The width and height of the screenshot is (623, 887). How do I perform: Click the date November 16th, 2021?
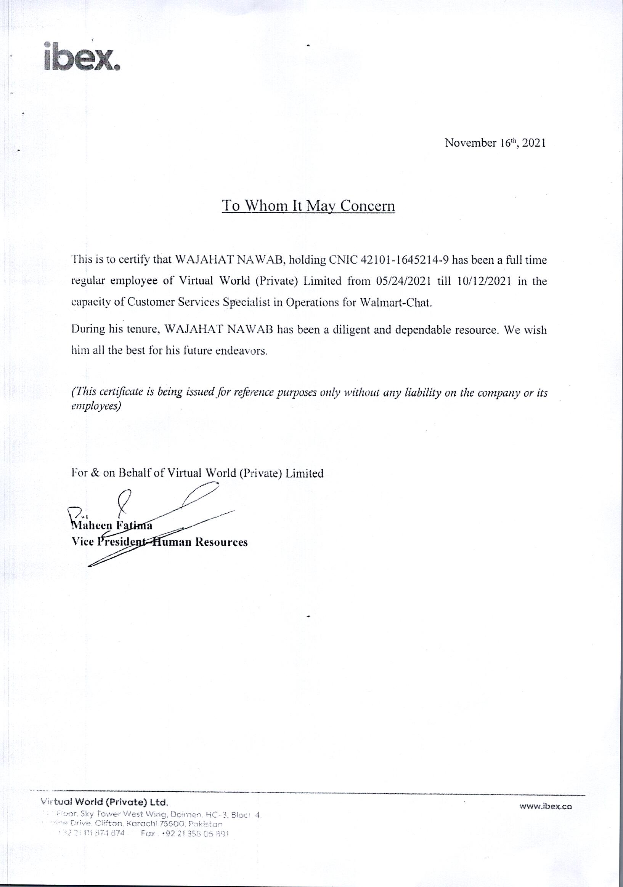click(x=495, y=143)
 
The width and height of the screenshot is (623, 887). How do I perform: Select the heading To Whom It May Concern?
click(x=308, y=206)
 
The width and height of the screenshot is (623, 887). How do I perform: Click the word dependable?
click(x=419, y=331)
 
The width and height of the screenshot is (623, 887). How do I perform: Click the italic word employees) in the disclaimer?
click(x=97, y=406)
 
